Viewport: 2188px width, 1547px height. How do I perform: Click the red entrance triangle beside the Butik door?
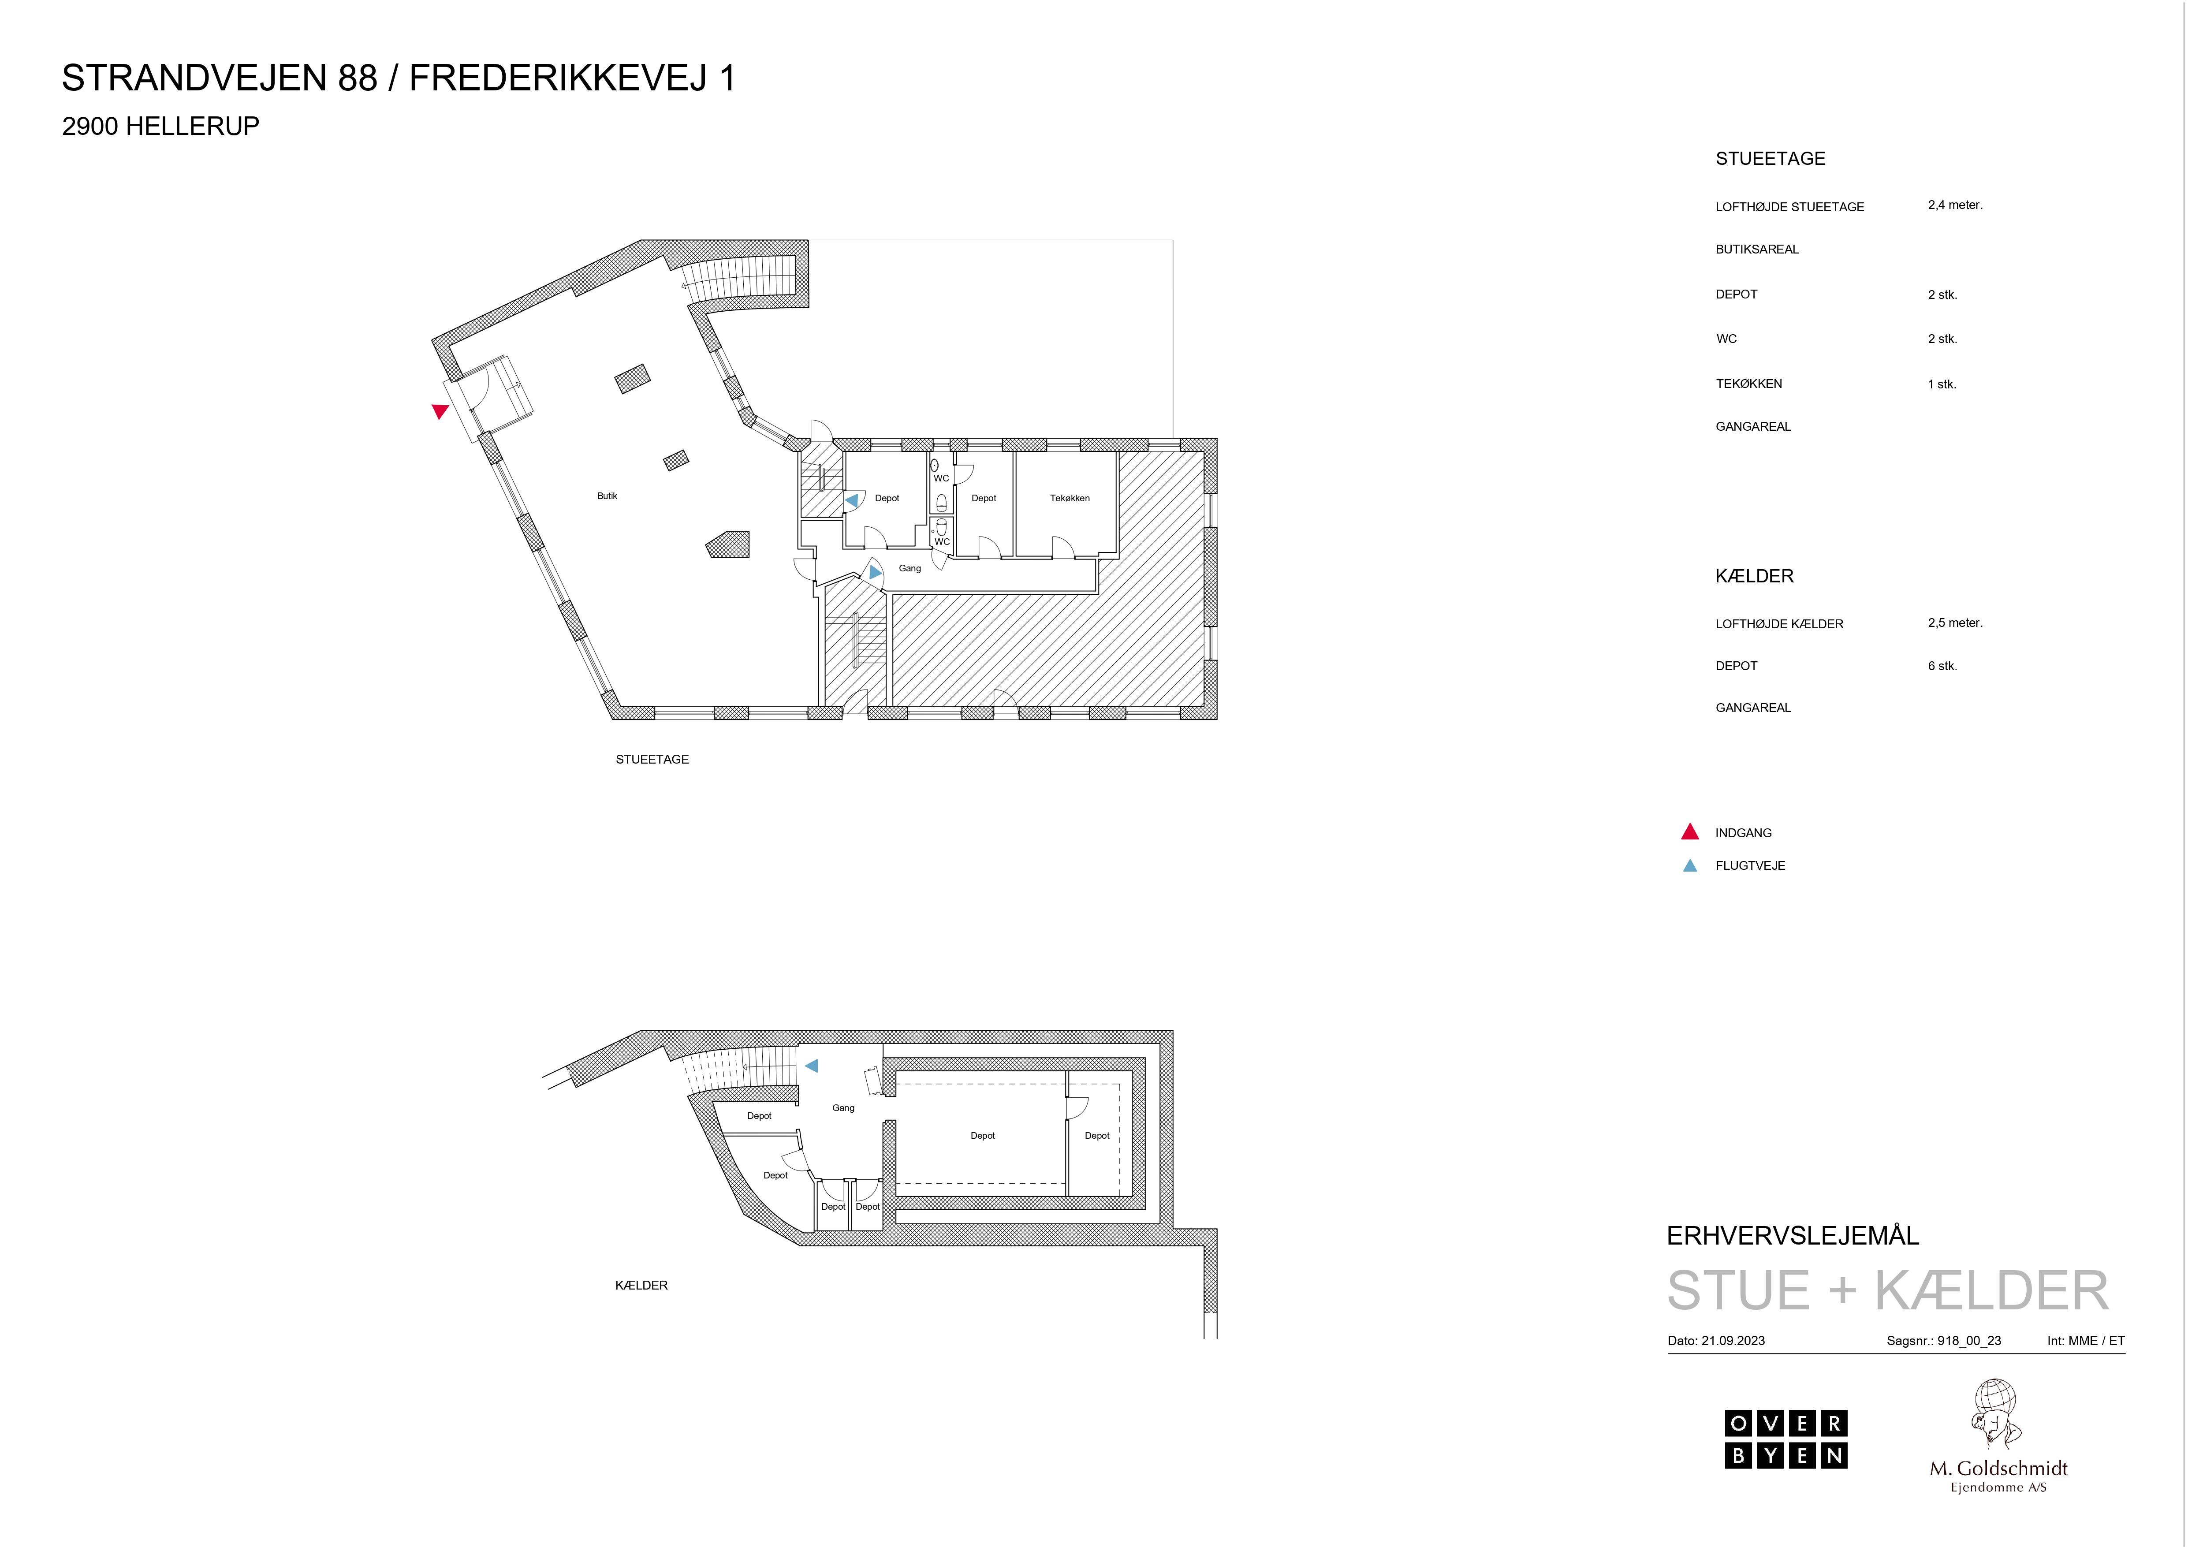point(439,411)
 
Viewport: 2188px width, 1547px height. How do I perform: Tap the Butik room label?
point(607,496)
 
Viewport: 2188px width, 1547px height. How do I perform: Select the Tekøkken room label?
point(1069,498)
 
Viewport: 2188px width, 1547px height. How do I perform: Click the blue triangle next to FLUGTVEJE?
point(1689,865)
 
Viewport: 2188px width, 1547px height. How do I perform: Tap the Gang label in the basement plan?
point(843,1107)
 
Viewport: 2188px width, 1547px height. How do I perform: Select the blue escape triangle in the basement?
point(812,1066)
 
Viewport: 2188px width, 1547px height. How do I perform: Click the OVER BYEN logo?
point(1786,1439)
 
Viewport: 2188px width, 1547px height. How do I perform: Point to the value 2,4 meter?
point(1954,205)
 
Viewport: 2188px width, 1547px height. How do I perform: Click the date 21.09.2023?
point(1733,1340)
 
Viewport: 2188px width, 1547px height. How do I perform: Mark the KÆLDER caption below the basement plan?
point(641,1285)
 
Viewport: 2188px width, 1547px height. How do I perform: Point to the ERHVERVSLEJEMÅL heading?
point(1793,1235)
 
